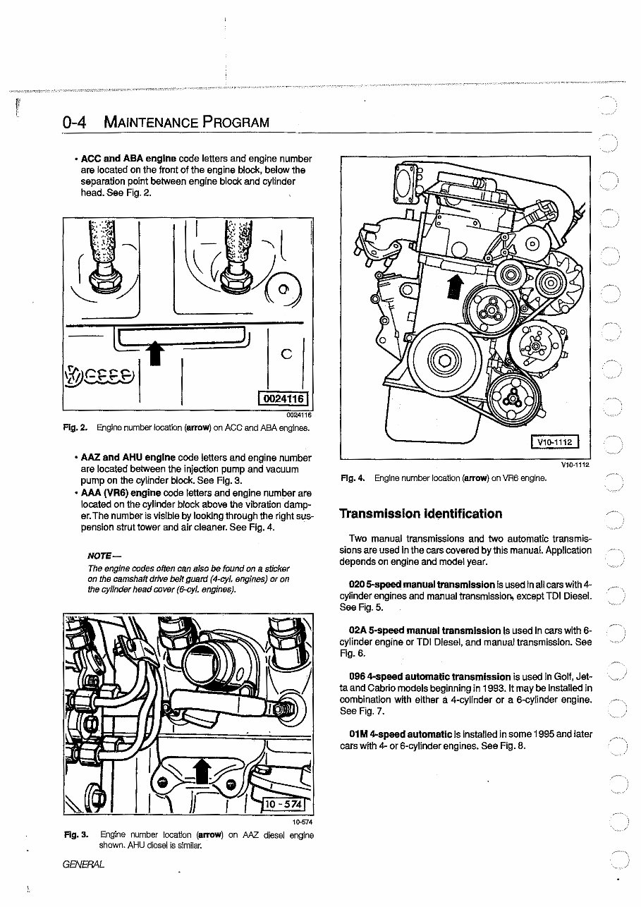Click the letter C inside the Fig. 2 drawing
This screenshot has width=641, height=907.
[286, 355]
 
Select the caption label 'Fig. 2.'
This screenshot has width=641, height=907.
[74, 427]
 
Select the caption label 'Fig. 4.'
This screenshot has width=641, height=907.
[352, 478]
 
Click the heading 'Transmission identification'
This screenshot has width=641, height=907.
[421, 513]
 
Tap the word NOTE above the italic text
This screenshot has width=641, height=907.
[101, 556]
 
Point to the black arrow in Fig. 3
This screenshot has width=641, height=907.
[202, 772]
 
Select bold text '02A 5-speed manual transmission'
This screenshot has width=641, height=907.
[425, 630]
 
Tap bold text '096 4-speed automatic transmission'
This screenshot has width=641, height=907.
[429, 676]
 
